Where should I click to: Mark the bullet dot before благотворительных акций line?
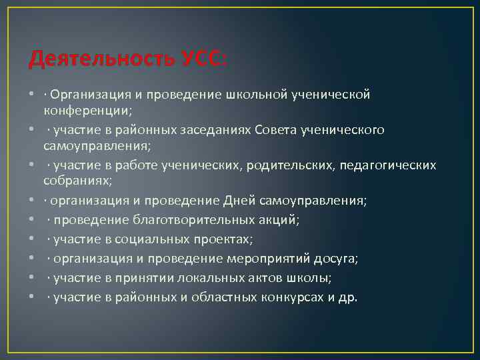pyautogui.click(x=32, y=219)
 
